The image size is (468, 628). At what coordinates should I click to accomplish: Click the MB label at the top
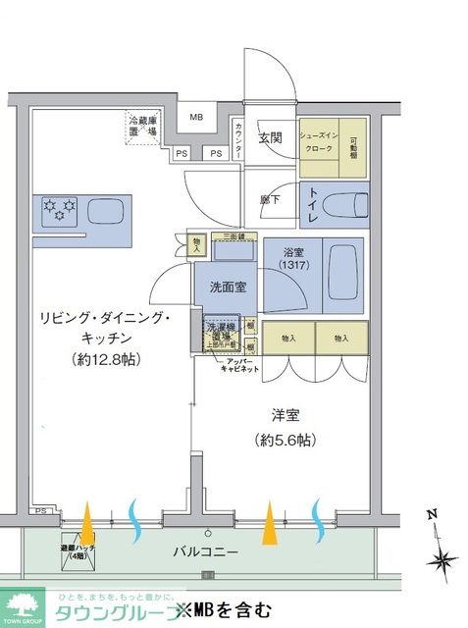point(196,119)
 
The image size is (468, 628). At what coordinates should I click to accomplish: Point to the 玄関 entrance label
point(271,138)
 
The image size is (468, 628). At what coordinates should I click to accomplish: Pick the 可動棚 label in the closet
point(354,143)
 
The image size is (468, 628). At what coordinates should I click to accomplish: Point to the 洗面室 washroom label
point(227,288)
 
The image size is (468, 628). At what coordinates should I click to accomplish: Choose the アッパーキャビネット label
point(239,364)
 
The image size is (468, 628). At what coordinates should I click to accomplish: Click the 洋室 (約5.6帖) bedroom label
point(284,427)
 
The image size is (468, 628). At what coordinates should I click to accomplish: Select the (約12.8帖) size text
point(105,359)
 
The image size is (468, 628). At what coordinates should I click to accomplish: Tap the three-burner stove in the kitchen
point(62,209)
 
